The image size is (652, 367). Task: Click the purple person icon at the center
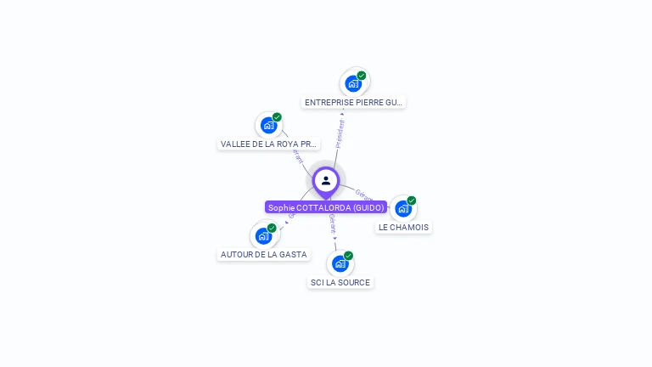326,180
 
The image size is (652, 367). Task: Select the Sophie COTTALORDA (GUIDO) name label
326,207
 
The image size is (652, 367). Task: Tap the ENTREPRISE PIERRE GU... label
353,102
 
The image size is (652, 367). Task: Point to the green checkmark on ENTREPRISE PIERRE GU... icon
362,76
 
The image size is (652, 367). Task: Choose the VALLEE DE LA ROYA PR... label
269,144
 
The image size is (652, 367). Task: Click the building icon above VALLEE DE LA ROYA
268,125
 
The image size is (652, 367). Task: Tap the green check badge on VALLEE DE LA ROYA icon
277,117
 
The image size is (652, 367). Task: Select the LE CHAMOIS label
403,227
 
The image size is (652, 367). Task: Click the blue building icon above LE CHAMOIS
402,208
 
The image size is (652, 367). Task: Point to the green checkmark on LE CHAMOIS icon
412,200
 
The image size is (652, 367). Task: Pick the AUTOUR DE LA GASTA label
263,254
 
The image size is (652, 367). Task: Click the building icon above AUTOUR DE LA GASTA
263,235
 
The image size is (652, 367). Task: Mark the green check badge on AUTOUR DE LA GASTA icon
272,228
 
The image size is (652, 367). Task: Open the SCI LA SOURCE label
340,282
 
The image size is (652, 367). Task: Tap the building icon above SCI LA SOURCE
340,263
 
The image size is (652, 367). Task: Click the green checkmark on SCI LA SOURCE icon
348,256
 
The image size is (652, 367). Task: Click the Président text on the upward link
340,133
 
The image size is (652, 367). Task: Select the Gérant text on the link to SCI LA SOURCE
332,224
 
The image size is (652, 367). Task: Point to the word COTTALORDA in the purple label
322,207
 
